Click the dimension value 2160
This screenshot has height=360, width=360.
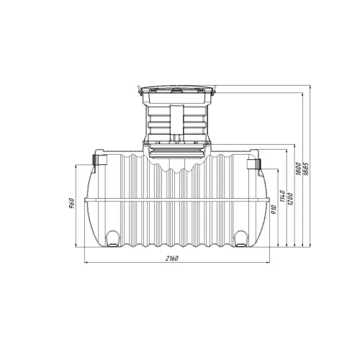coord(172,258)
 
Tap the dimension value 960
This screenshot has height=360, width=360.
coord(72,204)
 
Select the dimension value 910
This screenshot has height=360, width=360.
coord(274,210)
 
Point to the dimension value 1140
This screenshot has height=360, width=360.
coord(282,196)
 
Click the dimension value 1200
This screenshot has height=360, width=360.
coord(290,199)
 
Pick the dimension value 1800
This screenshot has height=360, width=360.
coord(298,168)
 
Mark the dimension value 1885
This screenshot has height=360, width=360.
coord(306,169)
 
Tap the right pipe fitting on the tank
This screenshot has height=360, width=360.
coord(253,163)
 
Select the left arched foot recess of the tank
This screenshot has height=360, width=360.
coord(112,238)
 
